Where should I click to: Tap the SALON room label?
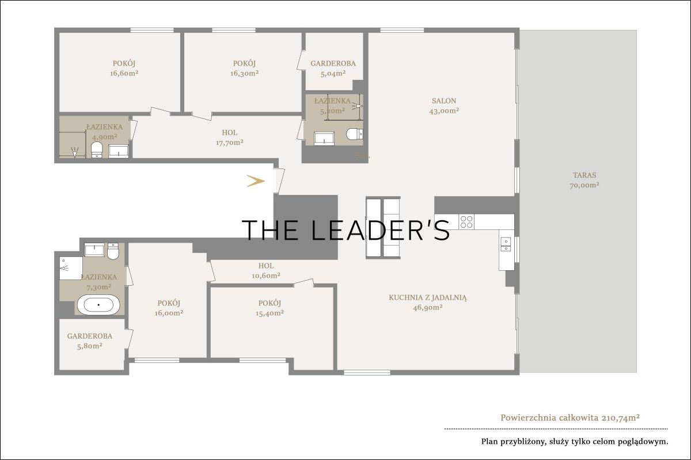[444, 101]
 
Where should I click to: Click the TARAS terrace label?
[584, 175]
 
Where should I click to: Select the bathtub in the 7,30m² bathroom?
[98, 305]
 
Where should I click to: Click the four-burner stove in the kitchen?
[466, 221]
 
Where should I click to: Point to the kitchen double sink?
[506, 244]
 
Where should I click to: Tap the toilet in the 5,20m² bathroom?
[355, 135]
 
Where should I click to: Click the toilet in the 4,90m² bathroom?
[97, 149]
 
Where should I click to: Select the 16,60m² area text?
[124, 74]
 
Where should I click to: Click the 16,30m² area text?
[244, 74]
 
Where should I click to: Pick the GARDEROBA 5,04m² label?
[333, 68]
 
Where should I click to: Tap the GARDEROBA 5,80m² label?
[90, 341]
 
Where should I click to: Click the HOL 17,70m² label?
[230, 138]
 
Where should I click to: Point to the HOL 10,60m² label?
[266, 270]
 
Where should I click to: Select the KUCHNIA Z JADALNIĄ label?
[427, 298]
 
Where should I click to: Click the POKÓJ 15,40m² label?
[269, 308]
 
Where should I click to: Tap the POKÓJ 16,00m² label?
[169, 308]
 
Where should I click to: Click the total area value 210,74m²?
[620, 418]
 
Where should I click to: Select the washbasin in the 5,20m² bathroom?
[324, 139]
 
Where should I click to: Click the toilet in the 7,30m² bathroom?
[113, 251]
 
